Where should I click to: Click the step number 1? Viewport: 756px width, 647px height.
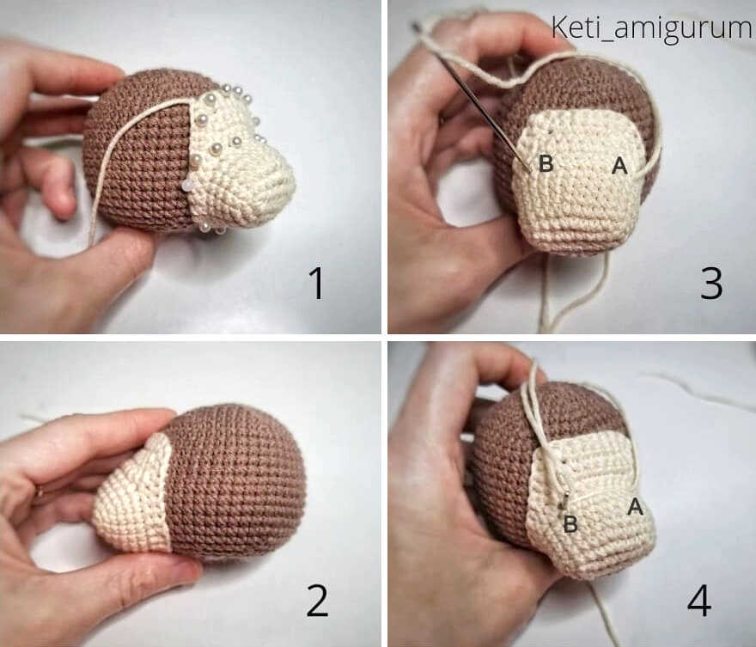tap(316, 283)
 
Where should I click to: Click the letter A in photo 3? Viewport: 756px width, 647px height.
tap(619, 166)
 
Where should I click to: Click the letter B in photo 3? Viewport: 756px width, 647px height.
tap(546, 163)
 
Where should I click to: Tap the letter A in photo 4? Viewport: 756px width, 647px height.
tap(636, 506)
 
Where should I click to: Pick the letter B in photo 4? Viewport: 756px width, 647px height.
tap(570, 524)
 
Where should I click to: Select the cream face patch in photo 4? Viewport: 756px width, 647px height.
tap(593, 502)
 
